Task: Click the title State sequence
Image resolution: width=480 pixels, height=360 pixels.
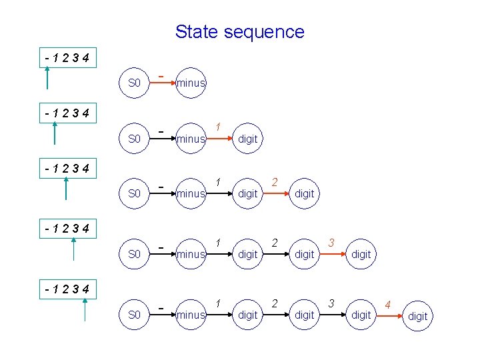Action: click(239, 31)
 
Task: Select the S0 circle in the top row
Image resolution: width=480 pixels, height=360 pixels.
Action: click(134, 83)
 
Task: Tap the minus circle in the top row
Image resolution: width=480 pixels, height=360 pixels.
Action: click(191, 83)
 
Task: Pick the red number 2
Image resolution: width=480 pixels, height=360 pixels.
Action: click(275, 181)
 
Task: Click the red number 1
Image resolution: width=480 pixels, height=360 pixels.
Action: click(218, 127)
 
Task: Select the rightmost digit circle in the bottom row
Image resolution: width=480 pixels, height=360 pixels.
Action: click(418, 316)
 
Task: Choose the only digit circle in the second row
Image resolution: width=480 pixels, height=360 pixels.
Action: click(247, 139)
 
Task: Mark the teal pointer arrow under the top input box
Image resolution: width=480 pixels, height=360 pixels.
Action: click(47, 78)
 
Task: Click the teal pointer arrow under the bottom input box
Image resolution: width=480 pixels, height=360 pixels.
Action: click(85, 310)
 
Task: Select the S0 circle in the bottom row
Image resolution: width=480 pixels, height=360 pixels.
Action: click(134, 315)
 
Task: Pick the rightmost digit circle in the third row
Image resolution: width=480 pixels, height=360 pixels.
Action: click(304, 193)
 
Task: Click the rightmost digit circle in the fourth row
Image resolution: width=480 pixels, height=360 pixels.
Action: click(361, 254)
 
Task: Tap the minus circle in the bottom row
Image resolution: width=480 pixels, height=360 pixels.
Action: click(191, 315)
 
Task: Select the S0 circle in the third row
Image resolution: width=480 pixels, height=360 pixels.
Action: click(134, 193)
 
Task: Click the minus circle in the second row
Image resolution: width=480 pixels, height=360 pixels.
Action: click(191, 139)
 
